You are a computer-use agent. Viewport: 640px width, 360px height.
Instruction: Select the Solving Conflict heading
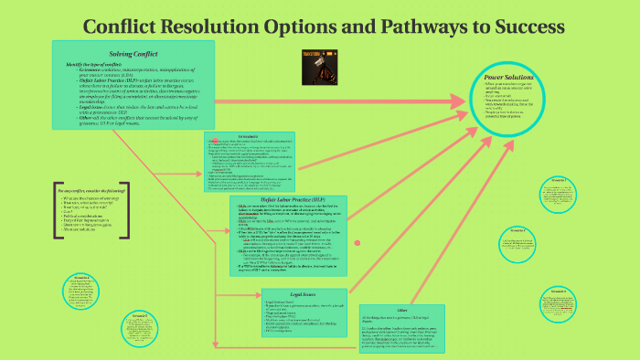133,54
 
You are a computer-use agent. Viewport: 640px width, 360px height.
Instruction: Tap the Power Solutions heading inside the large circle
520,79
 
